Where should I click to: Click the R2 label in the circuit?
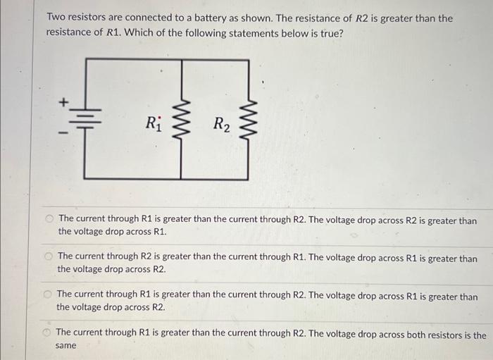click(x=220, y=125)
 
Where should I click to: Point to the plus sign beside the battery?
click(x=62, y=103)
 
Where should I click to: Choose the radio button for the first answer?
click(x=50, y=220)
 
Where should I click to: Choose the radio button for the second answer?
click(x=49, y=258)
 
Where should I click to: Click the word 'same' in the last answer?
click(x=65, y=346)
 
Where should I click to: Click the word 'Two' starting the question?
click(x=56, y=18)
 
